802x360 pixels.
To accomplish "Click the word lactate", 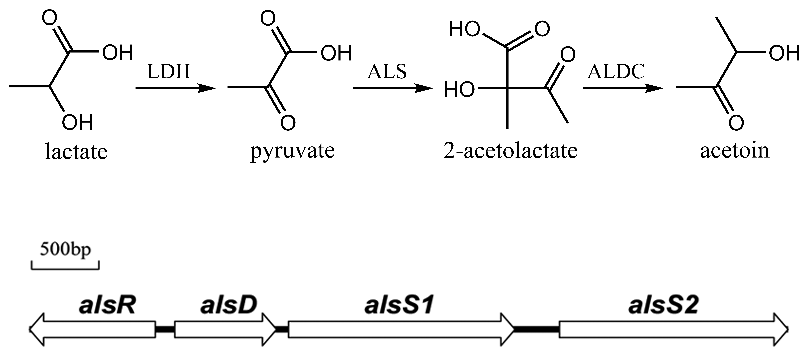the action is (76, 152).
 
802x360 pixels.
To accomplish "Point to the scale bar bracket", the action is (65, 268).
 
